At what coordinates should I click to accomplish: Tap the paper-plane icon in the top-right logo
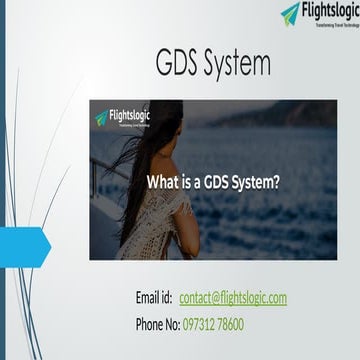(291, 13)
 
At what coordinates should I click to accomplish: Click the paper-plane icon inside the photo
(101, 118)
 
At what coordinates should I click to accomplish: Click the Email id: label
(154, 298)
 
